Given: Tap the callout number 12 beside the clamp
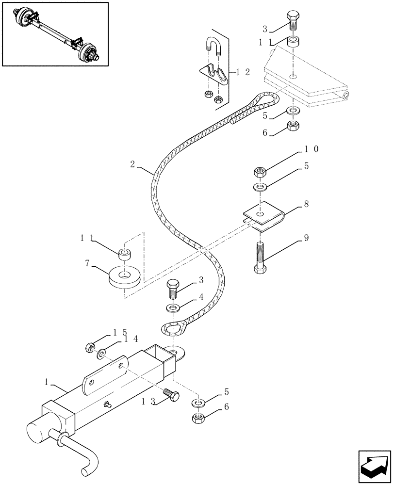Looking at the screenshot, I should click(x=243, y=72).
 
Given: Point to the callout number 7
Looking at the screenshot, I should click(x=88, y=265).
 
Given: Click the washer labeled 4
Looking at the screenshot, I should click(x=172, y=307).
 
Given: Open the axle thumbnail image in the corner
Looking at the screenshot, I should click(x=55, y=33).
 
